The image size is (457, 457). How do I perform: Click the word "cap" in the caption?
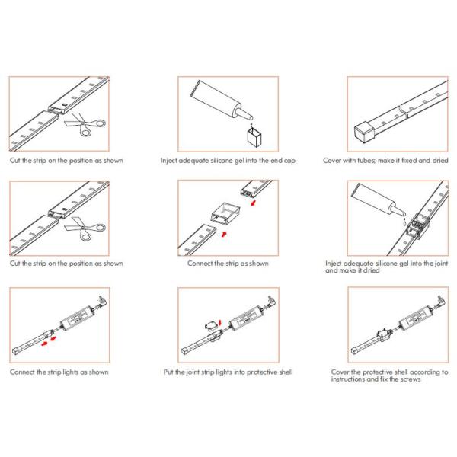pos(289,161)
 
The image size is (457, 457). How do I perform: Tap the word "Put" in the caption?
pos(168,372)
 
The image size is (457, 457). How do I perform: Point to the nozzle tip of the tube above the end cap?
pos(251,118)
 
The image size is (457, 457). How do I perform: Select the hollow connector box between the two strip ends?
pos(226,216)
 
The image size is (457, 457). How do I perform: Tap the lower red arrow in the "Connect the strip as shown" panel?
pos(224,235)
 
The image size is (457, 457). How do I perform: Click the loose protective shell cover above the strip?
pos(210,325)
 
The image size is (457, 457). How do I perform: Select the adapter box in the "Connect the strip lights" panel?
pos(77,317)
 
